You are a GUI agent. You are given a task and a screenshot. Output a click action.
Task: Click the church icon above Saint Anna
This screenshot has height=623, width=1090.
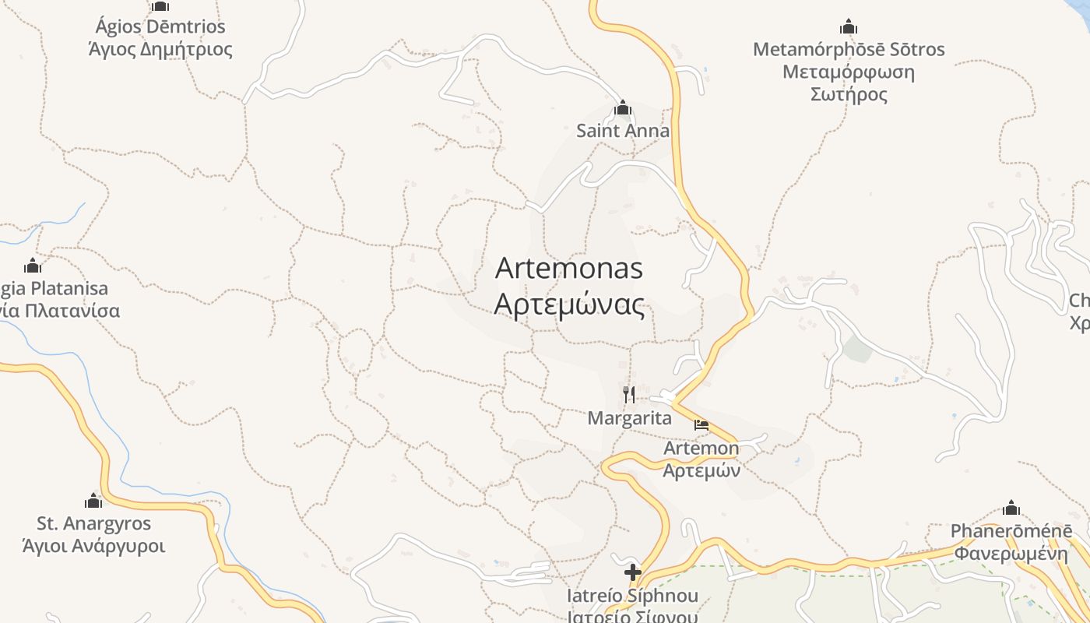(622, 107)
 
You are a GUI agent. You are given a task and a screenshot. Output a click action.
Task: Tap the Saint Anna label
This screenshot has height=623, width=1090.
(622, 131)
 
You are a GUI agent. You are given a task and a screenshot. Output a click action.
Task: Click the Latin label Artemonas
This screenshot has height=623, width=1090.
(569, 269)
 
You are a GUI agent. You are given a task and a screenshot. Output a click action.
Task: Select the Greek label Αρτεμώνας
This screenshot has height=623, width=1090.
(569, 305)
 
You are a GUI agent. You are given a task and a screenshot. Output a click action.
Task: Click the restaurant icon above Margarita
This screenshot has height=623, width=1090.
(629, 395)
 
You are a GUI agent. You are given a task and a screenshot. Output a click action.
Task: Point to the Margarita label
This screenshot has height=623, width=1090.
(629, 418)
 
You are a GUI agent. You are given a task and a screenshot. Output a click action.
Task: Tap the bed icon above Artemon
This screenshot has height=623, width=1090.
(701, 425)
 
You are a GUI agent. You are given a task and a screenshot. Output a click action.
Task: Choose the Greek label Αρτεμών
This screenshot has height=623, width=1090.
(701, 470)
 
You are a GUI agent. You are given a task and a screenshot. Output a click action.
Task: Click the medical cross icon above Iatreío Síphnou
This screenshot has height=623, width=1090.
(632, 573)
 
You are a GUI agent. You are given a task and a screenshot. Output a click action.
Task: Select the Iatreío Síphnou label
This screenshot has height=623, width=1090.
(632, 597)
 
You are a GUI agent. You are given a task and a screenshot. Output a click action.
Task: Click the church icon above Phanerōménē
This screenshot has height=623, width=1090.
(1011, 509)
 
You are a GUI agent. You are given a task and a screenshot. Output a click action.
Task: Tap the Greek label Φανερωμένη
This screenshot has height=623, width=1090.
(1011, 554)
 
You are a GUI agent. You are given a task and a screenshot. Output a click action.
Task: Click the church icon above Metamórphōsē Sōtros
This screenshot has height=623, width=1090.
(849, 27)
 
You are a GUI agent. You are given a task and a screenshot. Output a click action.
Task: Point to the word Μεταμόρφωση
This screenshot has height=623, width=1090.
(849, 72)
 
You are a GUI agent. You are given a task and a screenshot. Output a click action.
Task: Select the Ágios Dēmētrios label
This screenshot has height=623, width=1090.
(160, 27)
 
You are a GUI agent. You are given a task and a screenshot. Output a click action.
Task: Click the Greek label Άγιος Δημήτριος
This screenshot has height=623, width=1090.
(160, 50)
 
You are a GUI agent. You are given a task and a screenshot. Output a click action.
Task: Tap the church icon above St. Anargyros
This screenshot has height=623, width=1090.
(93, 501)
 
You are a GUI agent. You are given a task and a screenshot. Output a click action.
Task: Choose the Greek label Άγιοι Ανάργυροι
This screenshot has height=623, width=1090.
(93, 546)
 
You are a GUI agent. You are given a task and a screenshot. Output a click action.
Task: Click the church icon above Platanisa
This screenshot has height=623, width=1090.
(33, 266)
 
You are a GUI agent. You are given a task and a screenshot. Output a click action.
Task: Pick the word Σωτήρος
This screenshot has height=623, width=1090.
(849, 95)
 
